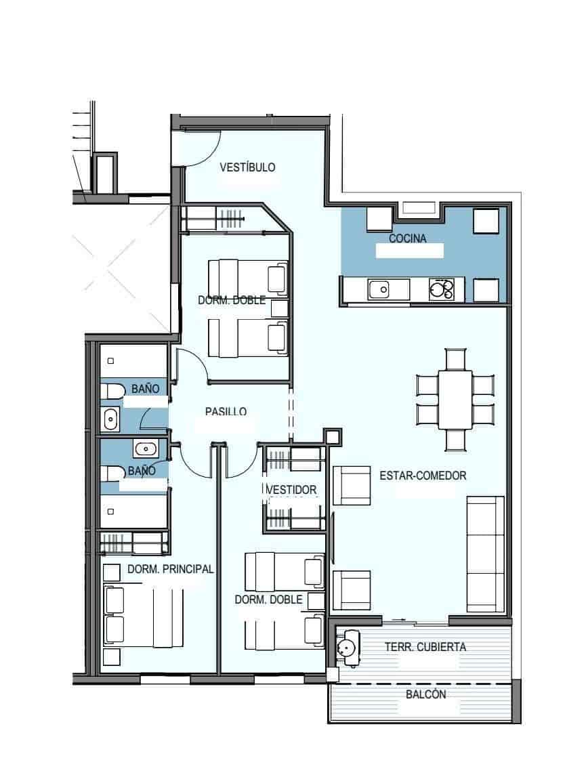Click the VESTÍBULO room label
click(x=247, y=167)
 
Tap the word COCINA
click(x=407, y=238)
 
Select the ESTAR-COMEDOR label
click(x=423, y=476)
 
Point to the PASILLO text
click(x=226, y=411)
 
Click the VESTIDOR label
click(x=292, y=489)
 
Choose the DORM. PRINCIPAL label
click(x=170, y=569)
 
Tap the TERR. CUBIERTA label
click(x=425, y=647)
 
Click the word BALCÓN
click(x=425, y=694)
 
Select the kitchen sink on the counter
click(x=379, y=290)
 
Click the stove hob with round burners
click(x=442, y=290)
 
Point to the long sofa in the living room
click(x=486, y=554)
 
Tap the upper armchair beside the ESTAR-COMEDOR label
click(x=352, y=485)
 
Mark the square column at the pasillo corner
click(x=332, y=436)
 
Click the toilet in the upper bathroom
click(x=112, y=392)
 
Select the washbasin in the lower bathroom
click(x=145, y=448)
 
